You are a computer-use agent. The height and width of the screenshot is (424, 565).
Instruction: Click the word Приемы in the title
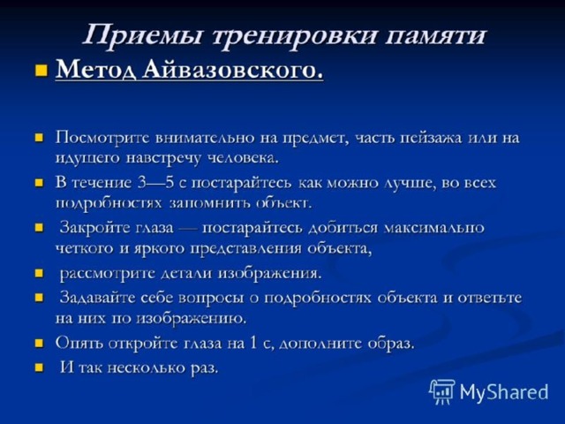142,36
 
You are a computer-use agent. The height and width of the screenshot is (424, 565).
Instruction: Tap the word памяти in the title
435,36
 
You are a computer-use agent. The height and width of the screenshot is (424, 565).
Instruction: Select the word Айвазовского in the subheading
233,69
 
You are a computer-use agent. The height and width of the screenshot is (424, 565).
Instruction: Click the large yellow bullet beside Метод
41,70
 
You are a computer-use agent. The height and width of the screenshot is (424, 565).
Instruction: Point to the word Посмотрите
102,138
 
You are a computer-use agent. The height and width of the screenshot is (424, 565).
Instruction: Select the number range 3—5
155,183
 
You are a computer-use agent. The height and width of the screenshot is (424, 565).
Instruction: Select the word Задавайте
97,298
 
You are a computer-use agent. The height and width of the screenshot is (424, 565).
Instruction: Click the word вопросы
211,299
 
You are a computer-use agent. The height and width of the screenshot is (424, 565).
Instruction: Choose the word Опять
79,344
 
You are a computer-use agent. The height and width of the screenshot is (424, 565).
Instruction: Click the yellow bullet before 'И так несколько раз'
39,367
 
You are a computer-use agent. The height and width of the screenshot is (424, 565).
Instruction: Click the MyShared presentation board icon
442,391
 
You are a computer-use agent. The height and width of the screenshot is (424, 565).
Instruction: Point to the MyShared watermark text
504,392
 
